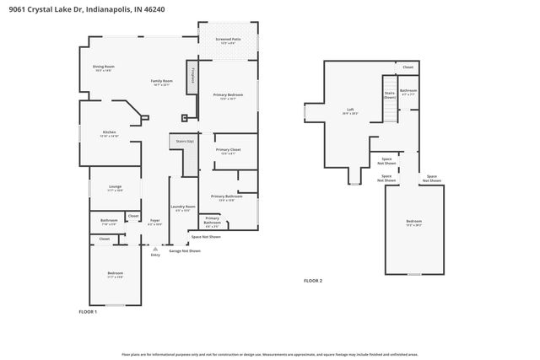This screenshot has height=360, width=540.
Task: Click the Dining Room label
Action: pos(104,67)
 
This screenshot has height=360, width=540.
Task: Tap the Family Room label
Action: pos(160,82)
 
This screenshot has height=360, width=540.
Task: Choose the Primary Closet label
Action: pos(228,151)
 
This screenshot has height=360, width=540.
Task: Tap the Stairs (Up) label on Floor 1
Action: pos(183,141)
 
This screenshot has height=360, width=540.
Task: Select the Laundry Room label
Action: pos(183,207)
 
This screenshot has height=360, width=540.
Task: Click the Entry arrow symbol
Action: pos(155,248)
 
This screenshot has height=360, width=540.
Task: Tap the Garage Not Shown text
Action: pos(185,250)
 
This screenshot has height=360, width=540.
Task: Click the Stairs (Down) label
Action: pos(389,94)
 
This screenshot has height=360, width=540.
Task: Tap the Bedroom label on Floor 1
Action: pos(115,274)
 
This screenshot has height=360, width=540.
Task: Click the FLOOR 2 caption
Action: pos(313,280)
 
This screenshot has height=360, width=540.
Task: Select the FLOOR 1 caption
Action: pos(88,312)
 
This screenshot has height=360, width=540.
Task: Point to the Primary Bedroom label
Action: pos(228,95)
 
